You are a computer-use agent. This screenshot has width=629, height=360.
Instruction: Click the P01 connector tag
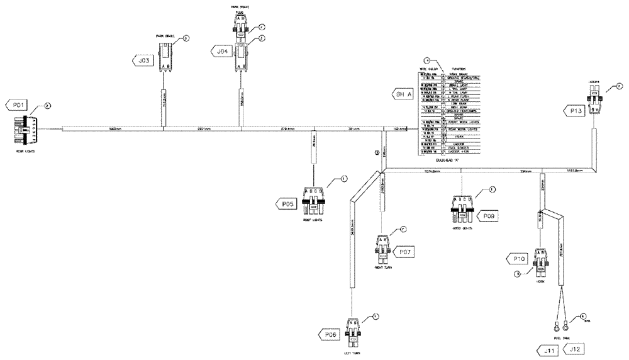coord(16,104)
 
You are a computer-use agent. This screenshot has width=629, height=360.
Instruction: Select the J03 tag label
coord(143,60)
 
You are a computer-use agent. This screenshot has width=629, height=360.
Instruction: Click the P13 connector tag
coord(574,111)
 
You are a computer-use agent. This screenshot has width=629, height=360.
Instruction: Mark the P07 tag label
coord(405,252)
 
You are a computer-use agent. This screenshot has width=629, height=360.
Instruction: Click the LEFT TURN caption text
coord(353,353)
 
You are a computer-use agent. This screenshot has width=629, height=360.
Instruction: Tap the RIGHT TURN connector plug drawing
coord(383,247)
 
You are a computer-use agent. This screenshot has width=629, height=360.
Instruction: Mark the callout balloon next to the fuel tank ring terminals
coord(582,317)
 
